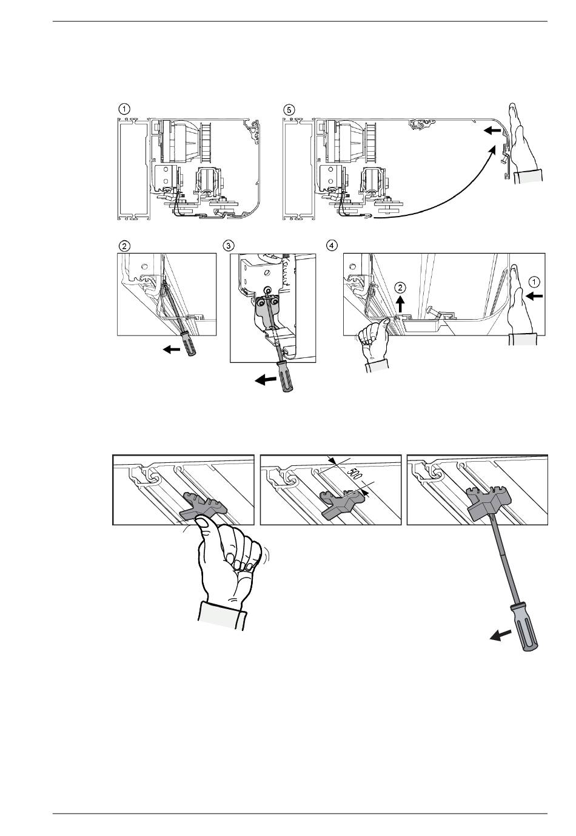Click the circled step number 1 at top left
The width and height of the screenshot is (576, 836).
pos(123,109)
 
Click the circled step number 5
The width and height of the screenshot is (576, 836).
pos(289,110)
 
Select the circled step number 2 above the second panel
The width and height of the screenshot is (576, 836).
pos(124,246)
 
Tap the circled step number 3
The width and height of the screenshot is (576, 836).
pos(228,245)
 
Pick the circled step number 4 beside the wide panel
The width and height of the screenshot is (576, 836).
pos(332,245)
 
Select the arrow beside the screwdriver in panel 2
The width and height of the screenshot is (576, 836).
pos(173,349)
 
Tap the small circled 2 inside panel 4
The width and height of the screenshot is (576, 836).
pos(400,286)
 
